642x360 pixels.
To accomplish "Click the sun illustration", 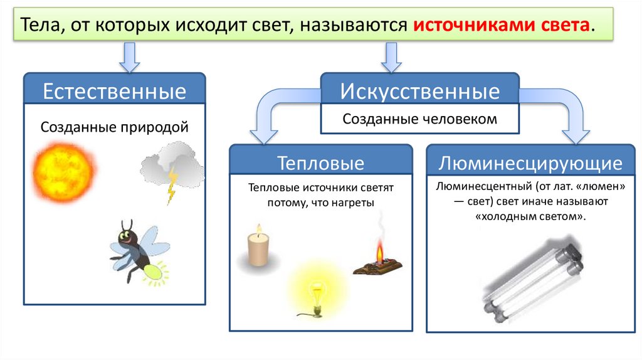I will coord(66,169).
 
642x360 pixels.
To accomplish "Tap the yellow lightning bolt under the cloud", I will coord(171,186).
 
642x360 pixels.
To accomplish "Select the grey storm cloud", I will coord(171,164).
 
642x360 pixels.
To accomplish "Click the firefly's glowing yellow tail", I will coord(154,270).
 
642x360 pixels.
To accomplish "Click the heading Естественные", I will coord(114,92).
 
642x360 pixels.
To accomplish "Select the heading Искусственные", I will coord(420,92).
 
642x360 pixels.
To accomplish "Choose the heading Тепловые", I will coord(321,164).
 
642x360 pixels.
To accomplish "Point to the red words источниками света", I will coord(502,26).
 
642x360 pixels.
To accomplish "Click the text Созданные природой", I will coord(115,127).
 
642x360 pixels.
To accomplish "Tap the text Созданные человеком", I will coord(420,119).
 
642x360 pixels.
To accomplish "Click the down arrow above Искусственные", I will coord(391,58).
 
